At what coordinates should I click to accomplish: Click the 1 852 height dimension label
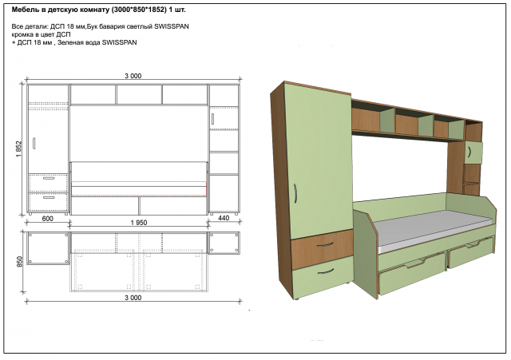(x=18, y=149)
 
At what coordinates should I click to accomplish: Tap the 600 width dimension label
(x=48, y=219)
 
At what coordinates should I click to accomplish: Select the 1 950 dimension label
(x=139, y=223)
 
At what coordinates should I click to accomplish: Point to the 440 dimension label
(x=224, y=218)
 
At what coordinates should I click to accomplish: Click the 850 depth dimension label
(x=19, y=262)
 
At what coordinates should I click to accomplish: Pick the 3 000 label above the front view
(x=133, y=76)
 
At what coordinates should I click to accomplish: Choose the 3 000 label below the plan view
(x=133, y=298)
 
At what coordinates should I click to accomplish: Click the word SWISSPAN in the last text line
(x=119, y=42)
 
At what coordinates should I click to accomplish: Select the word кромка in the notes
(x=22, y=34)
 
